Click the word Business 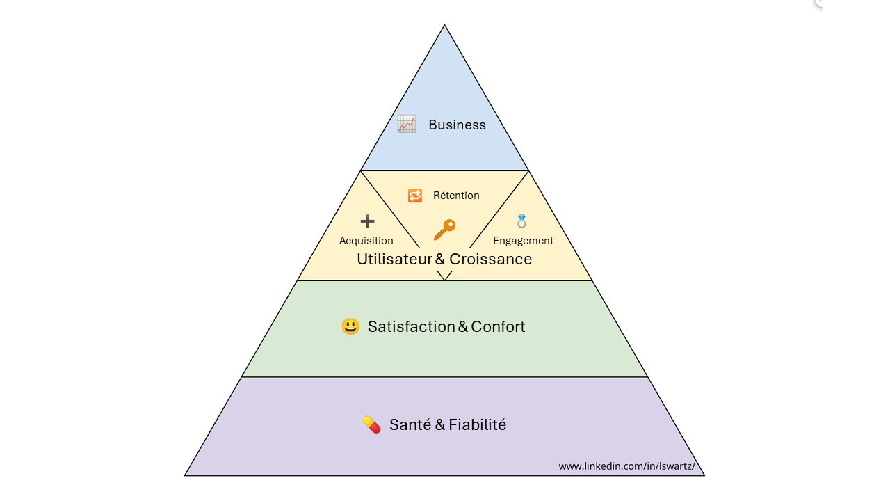click(457, 125)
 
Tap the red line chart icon click(407, 124)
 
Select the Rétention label click(456, 196)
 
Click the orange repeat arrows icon click(415, 196)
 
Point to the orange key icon click(444, 230)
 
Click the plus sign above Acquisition click(368, 221)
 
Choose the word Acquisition click(366, 241)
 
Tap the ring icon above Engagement click(521, 221)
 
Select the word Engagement click(523, 241)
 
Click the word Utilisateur click(394, 260)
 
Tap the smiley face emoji click(350, 326)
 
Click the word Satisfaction click(411, 327)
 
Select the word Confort click(499, 327)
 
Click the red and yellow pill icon click(372, 424)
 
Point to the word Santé click(410, 424)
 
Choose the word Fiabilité click(478, 424)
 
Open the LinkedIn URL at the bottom click(627, 466)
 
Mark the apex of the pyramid click(444, 25)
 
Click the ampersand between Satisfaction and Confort click(463, 327)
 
